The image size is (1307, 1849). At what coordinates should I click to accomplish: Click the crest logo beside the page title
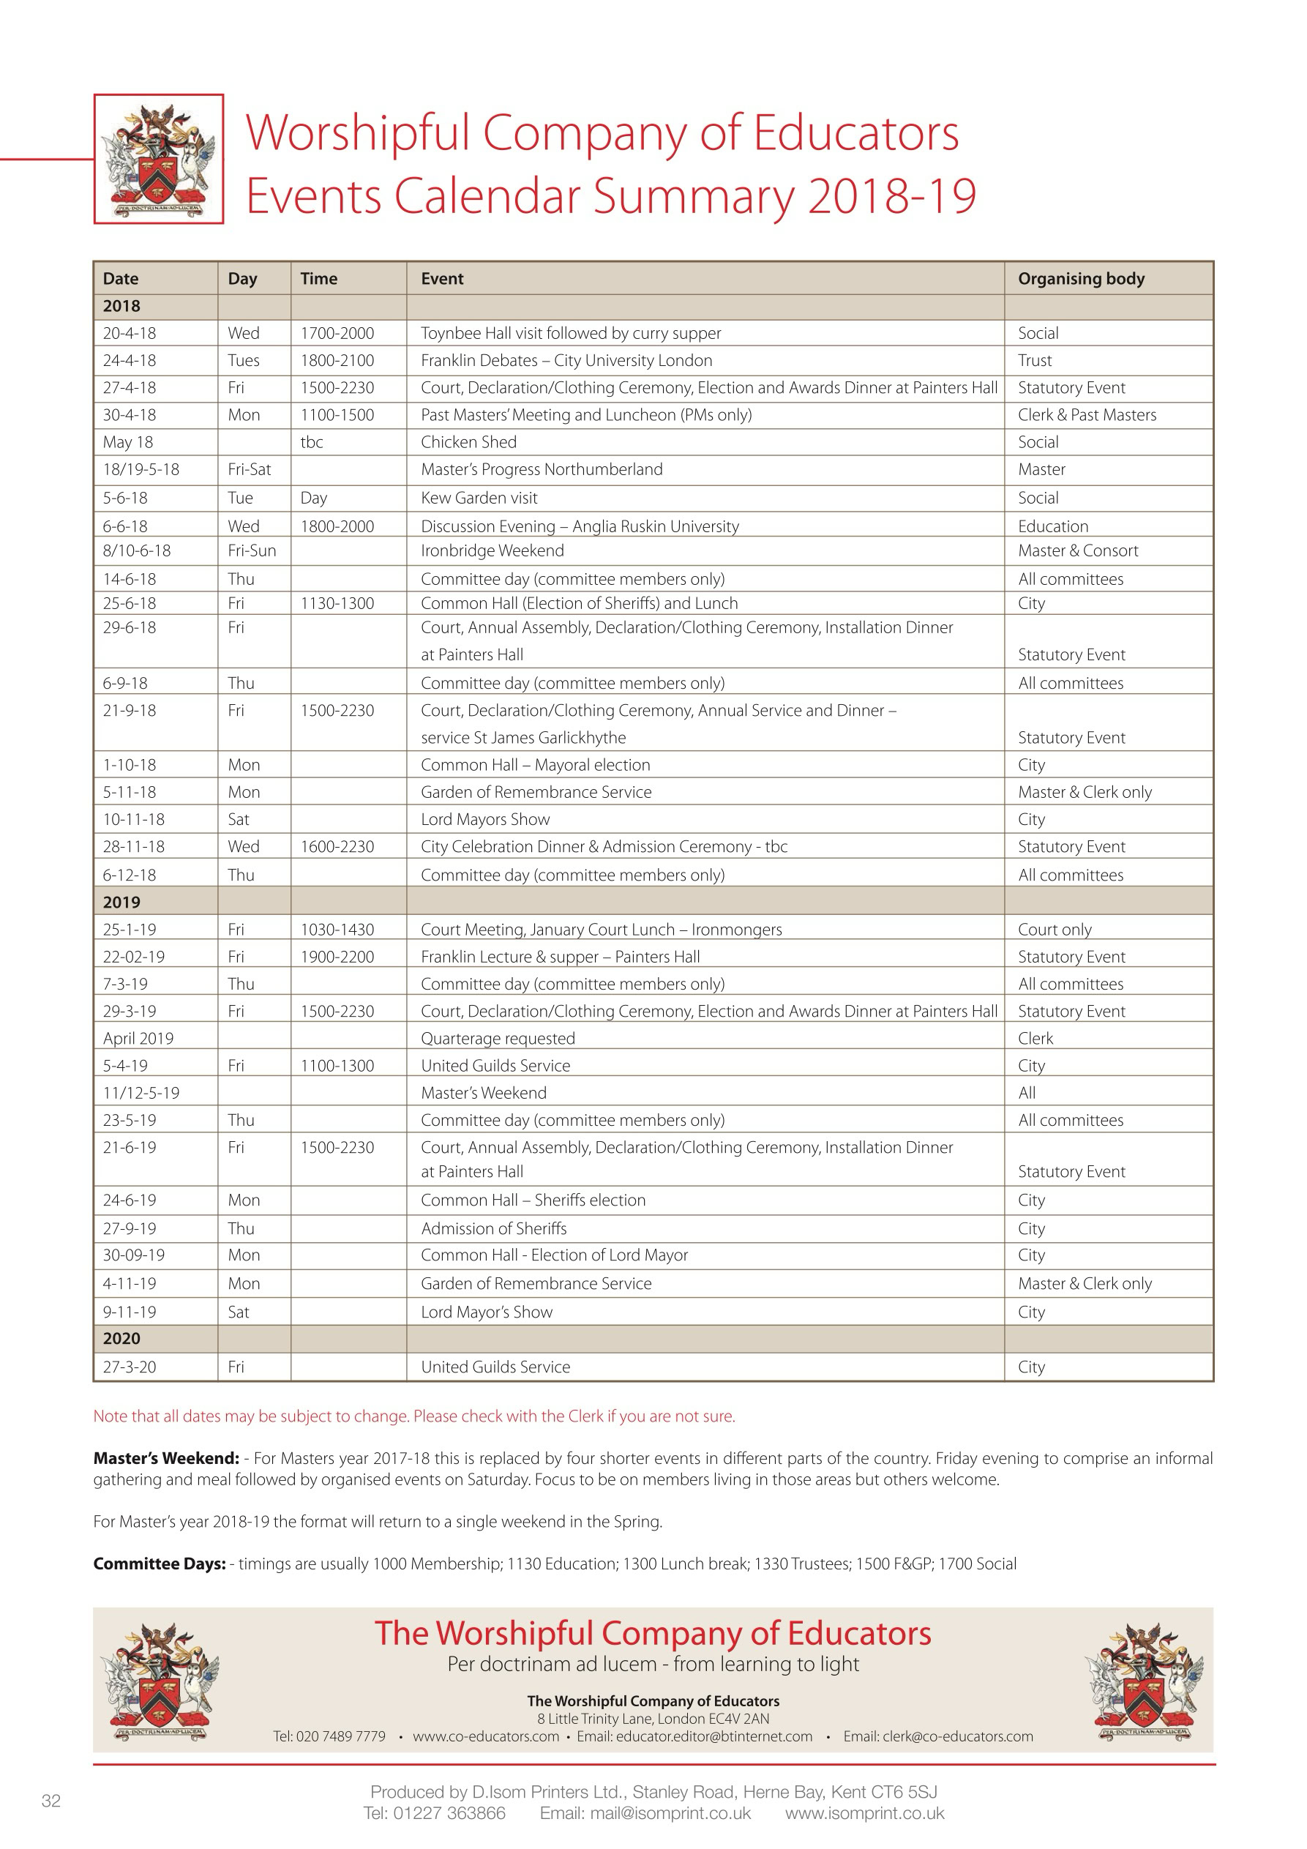[x=159, y=159]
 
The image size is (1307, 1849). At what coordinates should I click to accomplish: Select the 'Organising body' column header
[x=1081, y=279]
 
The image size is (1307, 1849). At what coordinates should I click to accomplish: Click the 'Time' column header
[x=319, y=279]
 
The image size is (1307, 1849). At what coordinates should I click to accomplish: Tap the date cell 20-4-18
[x=130, y=333]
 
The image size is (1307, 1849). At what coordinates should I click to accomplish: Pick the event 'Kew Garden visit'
[x=479, y=498]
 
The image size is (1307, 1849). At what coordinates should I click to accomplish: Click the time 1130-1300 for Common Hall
[x=337, y=603]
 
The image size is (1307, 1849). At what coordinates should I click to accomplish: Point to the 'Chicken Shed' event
[x=468, y=442]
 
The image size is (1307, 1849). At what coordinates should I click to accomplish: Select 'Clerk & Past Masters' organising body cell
[x=1086, y=415]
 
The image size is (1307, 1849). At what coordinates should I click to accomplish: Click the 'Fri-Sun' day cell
[x=252, y=551]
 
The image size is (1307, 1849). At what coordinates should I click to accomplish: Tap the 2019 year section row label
[x=121, y=902]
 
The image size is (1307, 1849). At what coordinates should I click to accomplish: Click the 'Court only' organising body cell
[x=1054, y=930]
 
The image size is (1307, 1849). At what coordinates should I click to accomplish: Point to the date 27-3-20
[x=130, y=1367]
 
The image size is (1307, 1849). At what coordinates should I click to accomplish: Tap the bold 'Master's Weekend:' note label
[x=166, y=1458]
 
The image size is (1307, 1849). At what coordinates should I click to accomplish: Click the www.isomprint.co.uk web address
[x=864, y=1814]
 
